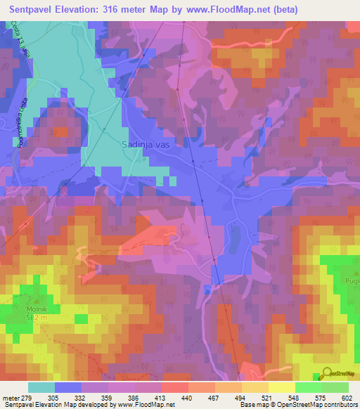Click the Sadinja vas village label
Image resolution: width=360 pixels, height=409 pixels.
point(146,143)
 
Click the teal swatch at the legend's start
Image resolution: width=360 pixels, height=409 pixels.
point(41,387)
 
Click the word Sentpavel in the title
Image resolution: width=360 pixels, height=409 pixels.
point(34,10)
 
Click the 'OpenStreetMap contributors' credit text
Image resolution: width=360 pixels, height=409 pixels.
point(321,405)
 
